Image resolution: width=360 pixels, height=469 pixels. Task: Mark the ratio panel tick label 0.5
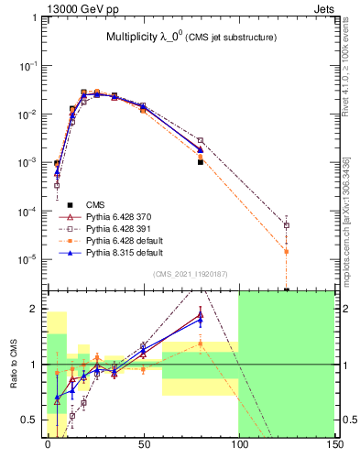34,420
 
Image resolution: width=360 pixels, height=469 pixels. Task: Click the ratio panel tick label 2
38,309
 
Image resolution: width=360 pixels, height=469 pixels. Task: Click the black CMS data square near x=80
200,161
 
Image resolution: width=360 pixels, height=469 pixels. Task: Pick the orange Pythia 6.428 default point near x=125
287,251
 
